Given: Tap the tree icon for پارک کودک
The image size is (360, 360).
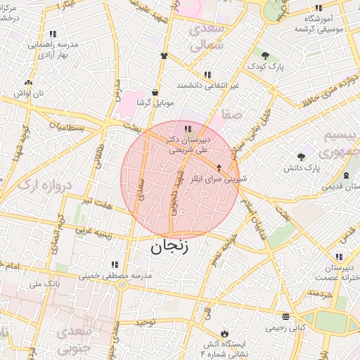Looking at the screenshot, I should pyautogui.click(x=265, y=56).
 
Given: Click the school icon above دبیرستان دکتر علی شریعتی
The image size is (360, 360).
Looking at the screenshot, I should pyautogui.click(x=187, y=129).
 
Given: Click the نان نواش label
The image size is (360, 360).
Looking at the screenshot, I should pyautogui.click(x=31, y=94).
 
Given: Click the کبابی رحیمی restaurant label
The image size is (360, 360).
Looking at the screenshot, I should pyautogui.click(x=285, y=327).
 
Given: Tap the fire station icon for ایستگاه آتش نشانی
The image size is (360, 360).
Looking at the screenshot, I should pyautogui.click(x=224, y=333).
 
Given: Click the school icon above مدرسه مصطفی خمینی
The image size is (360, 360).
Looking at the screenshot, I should pyautogui.click(x=114, y=264).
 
